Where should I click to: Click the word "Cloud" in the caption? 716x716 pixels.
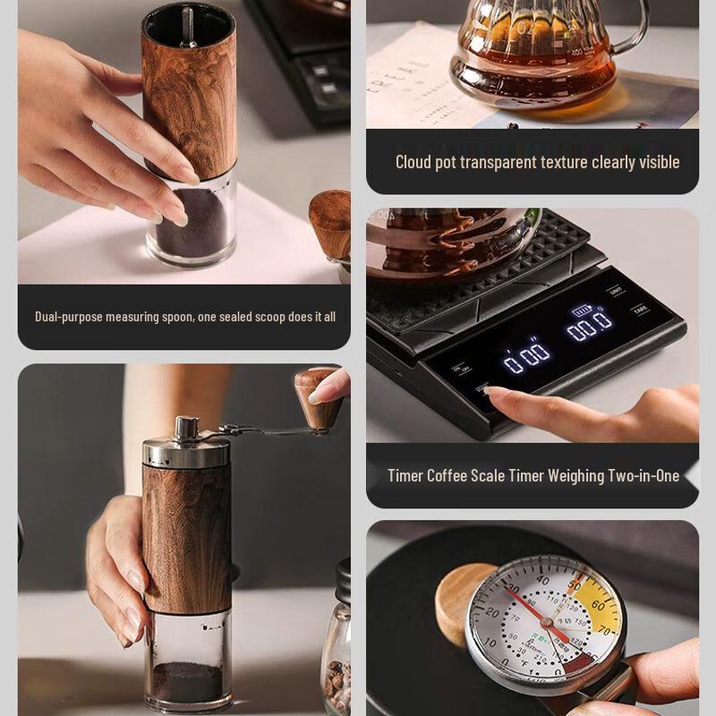[413, 162]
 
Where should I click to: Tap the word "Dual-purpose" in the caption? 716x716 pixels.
[69, 317]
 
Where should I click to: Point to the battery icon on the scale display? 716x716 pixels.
[583, 311]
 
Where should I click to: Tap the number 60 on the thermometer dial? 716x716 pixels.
[598, 607]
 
